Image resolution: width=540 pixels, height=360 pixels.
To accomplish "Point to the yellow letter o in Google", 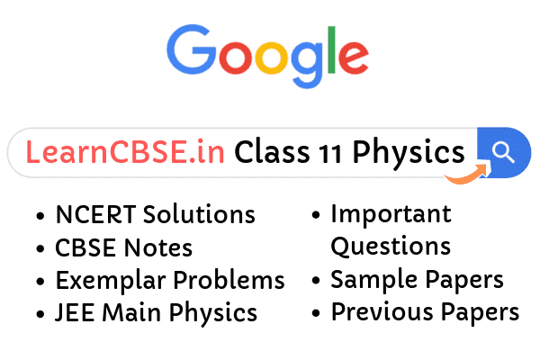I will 263,59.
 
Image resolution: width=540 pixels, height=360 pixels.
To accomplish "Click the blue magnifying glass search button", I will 502,152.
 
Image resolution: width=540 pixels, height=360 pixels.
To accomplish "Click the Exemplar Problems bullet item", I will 170,280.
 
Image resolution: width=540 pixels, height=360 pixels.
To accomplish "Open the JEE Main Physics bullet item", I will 157,313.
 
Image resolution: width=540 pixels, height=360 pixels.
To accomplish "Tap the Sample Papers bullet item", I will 417,280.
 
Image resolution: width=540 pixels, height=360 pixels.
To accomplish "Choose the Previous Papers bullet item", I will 425,312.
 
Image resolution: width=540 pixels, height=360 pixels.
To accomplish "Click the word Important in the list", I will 391,215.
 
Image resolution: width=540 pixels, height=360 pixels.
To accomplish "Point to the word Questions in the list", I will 391,246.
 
